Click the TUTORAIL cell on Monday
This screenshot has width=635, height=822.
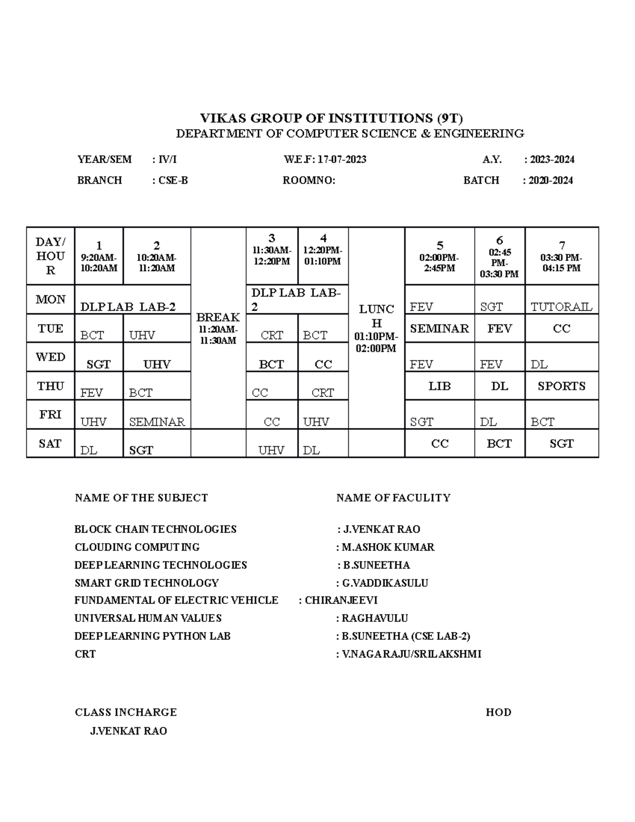(x=561, y=306)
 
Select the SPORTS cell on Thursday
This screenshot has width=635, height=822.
(x=561, y=386)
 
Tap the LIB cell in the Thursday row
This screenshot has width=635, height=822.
(x=439, y=386)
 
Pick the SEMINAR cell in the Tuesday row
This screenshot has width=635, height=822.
(x=439, y=329)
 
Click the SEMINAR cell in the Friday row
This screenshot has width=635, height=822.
(x=157, y=422)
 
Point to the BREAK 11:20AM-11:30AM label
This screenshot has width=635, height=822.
(x=217, y=328)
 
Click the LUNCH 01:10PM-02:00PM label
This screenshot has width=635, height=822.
(x=376, y=328)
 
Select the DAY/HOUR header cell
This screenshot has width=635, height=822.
(x=50, y=256)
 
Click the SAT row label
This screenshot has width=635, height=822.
(x=50, y=444)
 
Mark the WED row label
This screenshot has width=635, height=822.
(x=50, y=357)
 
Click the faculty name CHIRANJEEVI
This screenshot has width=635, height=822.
(x=341, y=600)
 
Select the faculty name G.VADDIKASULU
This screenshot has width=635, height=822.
(x=385, y=583)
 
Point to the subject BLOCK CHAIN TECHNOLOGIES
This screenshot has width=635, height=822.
(x=155, y=529)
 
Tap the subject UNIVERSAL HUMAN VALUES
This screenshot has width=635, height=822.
(x=148, y=618)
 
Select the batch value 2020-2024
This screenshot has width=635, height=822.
(x=550, y=180)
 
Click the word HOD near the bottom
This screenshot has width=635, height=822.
(x=498, y=712)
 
